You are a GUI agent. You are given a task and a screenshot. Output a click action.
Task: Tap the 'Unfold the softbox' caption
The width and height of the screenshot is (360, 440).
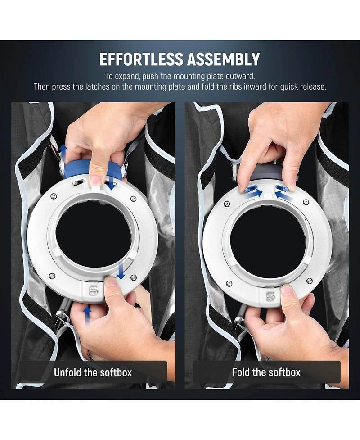93,372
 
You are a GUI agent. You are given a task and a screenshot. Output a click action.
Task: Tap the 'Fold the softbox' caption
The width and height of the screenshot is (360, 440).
266,372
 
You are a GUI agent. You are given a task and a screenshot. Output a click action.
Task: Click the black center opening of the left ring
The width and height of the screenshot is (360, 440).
93,236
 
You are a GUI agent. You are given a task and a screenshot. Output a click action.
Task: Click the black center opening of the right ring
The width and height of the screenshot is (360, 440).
268,241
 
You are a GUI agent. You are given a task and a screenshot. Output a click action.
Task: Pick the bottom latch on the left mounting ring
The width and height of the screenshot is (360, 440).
93,290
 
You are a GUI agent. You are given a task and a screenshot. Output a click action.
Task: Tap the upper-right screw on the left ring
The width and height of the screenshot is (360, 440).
134,199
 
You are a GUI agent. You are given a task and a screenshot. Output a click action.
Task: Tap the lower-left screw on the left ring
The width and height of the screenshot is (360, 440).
52,276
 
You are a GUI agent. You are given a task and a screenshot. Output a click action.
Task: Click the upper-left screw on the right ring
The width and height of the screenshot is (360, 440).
227,204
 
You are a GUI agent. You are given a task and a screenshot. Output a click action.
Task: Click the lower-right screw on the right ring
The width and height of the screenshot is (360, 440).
310,281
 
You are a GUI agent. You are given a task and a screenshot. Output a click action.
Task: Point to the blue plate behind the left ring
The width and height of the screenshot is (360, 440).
77,169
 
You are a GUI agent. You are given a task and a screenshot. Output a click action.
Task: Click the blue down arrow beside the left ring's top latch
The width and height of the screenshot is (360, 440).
111,182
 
